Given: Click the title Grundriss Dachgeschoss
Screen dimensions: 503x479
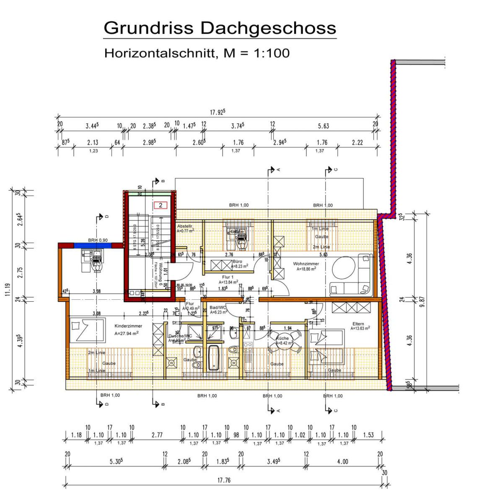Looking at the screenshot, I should (220, 28).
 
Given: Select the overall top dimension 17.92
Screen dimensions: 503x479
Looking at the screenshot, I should (218, 112).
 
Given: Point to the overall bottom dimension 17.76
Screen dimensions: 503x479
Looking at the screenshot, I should (223, 480).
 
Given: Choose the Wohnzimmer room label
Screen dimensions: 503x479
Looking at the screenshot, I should (306, 264).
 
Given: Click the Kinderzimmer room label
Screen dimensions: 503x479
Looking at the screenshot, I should (128, 326).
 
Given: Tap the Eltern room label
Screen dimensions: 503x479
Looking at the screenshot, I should (358, 324).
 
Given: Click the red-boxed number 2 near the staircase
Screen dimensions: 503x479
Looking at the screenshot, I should (160, 205).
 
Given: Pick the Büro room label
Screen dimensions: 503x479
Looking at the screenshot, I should (237, 261).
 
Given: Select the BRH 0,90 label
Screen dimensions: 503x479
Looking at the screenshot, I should (97, 240).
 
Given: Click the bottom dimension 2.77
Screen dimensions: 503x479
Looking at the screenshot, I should (157, 435).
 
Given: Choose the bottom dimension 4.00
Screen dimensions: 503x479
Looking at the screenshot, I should (342, 462).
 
